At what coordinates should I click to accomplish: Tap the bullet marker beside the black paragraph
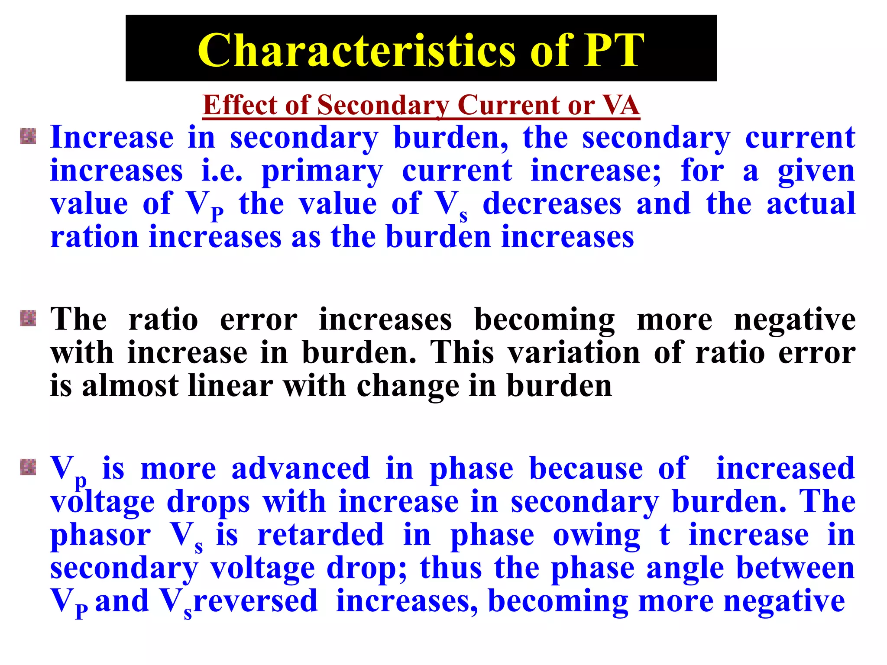[x=28, y=319]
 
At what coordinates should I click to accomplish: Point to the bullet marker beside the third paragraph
[x=28, y=468]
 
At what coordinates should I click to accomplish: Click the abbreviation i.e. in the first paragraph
[x=222, y=170]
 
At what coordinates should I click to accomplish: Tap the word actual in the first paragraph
[x=811, y=203]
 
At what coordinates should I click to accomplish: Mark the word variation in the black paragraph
[x=574, y=352]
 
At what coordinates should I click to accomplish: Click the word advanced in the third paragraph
[x=301, y=468]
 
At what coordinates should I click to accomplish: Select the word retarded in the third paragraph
[x=320, y=535]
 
